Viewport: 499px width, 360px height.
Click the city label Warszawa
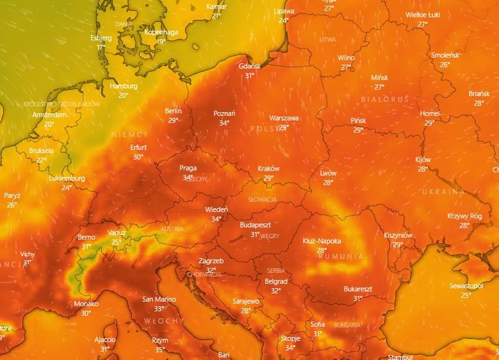coord(284,118)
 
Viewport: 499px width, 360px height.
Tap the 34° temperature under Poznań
coord(224,123)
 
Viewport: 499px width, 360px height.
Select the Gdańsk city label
coord(250,66)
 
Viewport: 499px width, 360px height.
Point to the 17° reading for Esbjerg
coord(101,47)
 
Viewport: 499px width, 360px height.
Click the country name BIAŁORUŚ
coord(384,99)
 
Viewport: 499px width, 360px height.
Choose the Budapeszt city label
coord(256,225)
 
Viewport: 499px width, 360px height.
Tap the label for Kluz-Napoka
coord(322,241)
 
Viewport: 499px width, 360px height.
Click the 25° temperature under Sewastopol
coord(466,295)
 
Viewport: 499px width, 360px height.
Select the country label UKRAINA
coord(443,192)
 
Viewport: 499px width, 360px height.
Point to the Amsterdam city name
coord(49,115)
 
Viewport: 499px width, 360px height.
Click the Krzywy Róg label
coord(464,216)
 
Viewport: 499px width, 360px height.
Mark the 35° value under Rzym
coord(160,349)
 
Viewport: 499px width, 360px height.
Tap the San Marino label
coord(158,299)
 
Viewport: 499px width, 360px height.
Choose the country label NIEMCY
coord(129,135)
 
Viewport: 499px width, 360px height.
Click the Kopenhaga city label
coord(161,32)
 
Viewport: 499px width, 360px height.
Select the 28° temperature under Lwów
coord(328,183)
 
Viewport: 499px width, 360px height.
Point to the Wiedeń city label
coord(216,209)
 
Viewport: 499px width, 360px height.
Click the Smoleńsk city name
coord(445,55)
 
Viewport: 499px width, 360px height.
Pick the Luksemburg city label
coord(67,178)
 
